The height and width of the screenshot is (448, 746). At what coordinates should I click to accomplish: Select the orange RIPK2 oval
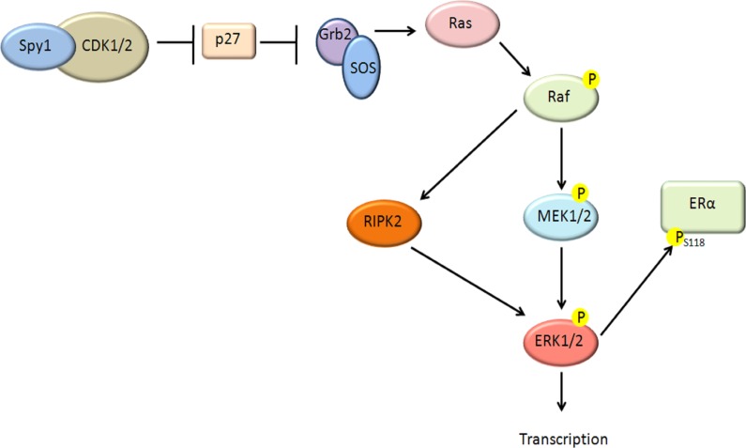pos(381,223)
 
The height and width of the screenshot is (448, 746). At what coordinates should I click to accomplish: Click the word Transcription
pos(564,438)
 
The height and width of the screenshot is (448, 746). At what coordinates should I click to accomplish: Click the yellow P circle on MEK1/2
pos(581,193)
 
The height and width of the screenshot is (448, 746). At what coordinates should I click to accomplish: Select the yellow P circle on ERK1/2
pos(581,316)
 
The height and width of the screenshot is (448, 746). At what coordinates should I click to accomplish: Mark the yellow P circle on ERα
pos(675,239)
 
